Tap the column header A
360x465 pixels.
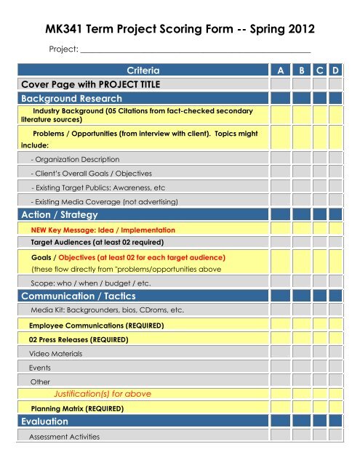coord(279,71)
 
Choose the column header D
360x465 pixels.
coord(335,71)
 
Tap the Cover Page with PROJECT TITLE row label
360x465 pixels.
coord(90,84)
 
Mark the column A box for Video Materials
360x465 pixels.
coord(279,353)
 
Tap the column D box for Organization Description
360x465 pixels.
coord(335,158)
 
